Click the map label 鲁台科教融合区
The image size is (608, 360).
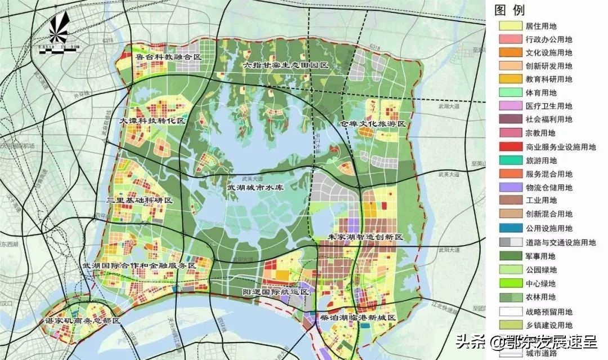[169, 57]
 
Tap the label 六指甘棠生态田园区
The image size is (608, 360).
[285, 65]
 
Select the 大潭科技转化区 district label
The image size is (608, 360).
[153, 122]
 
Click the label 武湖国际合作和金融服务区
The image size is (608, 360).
[139, 265]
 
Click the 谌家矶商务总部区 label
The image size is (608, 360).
[83, 321]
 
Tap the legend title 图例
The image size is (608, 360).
[509, 10]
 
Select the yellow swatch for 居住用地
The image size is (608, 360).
[509, 26]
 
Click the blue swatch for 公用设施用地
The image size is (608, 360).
[509, 228]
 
